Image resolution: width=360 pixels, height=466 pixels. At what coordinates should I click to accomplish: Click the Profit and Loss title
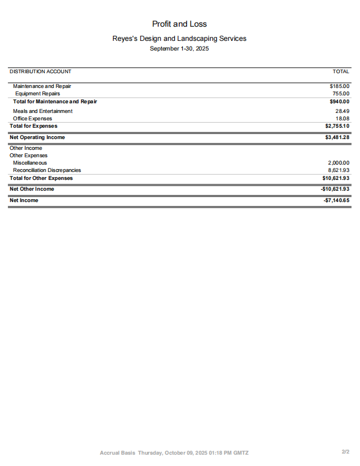179,24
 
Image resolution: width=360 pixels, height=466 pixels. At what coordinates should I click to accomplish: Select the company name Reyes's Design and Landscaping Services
179,39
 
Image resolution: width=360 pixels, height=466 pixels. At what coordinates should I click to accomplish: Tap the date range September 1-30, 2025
179,49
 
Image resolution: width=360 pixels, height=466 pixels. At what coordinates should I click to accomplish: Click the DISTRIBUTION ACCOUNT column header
40,72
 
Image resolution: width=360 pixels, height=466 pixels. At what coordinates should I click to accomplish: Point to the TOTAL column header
341,72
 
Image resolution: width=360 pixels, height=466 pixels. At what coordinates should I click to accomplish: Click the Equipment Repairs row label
37,94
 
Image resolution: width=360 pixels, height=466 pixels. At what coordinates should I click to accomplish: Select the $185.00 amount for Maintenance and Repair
340,86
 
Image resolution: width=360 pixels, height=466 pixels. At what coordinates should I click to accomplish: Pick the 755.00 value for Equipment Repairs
341,94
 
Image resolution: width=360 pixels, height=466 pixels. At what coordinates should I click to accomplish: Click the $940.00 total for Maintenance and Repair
340,102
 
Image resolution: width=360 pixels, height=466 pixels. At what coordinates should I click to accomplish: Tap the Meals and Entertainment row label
43,111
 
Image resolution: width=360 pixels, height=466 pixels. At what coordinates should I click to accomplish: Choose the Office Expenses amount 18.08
342,119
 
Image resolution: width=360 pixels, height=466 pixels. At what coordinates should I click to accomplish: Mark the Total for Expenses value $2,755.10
337,126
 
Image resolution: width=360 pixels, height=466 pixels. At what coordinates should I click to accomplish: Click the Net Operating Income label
37,137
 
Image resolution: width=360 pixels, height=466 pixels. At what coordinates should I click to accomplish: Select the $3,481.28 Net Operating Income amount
337,137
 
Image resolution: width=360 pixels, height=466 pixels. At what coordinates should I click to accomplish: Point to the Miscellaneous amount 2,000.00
338,163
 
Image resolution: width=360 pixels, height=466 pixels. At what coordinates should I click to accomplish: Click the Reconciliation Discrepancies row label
47,170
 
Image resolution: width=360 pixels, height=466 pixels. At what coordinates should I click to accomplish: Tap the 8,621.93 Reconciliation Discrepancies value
338,170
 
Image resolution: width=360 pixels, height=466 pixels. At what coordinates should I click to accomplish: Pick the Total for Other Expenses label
41,178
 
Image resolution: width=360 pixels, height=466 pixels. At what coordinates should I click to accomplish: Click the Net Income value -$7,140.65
337,200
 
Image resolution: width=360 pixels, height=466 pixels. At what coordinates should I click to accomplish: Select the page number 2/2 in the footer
345,452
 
